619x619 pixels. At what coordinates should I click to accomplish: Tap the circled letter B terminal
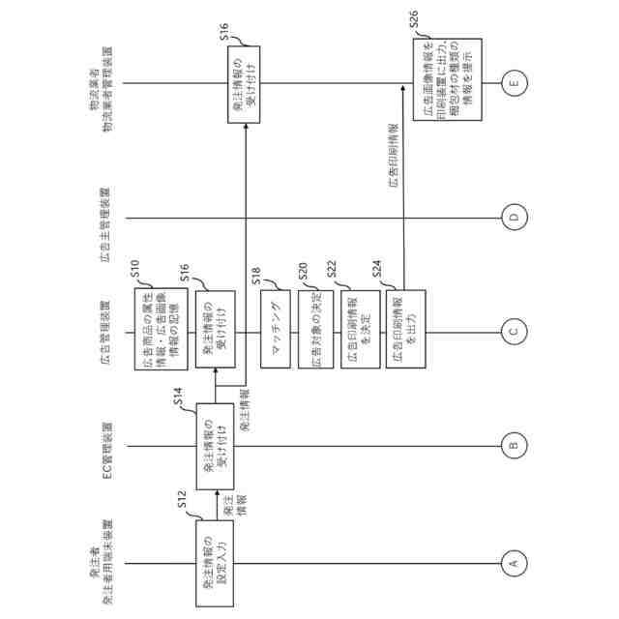[514, 446]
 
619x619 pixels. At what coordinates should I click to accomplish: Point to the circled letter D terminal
[514, 217]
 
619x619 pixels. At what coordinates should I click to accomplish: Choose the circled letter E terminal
[514, 84]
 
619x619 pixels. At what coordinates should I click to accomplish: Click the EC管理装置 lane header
[108, 446]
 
